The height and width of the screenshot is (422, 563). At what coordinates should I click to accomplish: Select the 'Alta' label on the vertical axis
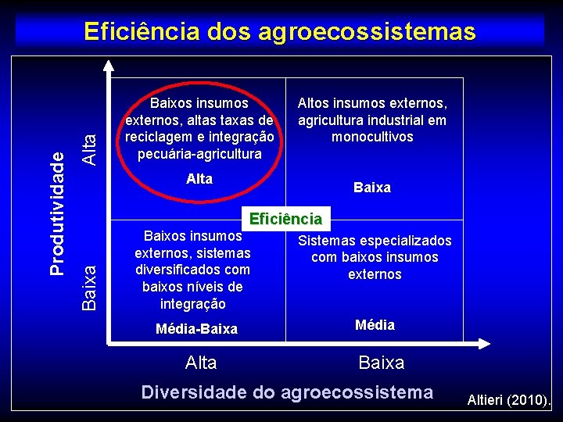tap(90, 147)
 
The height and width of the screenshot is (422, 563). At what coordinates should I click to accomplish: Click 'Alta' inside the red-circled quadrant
tap(199, 179)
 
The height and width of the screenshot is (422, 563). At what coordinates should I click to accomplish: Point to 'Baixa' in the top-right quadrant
tap(372, 188)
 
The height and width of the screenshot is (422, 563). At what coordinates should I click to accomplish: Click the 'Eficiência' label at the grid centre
tap(285, 219)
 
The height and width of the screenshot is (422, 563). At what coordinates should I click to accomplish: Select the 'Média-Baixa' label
tap(196, 329)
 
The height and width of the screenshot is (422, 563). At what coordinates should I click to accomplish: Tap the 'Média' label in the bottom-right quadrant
tap(375, 325)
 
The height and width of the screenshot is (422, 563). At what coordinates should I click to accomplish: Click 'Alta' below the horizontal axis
tap(201, 363)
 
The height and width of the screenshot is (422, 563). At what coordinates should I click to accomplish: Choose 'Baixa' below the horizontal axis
tap(382, 363)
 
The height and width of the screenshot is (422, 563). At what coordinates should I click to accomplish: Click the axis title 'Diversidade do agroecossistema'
tap(287, 392)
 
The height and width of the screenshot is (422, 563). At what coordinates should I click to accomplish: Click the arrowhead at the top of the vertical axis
tap(104, 65)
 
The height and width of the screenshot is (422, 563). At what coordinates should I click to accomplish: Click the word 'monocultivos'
tap(372, 137)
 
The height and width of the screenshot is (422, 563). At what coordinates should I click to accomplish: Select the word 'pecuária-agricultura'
tap(199, 153)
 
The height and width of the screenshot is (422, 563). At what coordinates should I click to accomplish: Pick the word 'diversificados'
tap(192, 270)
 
